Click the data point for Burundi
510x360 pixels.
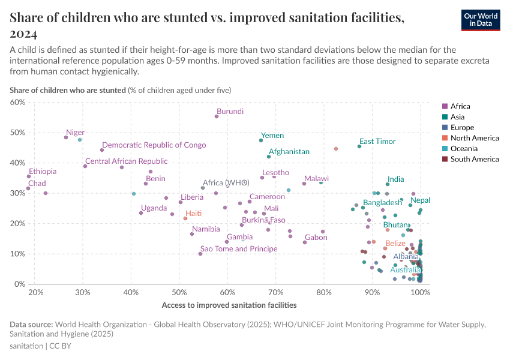point(217,116)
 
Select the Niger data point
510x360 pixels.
point(66,137)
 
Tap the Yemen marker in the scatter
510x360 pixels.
point(261,140)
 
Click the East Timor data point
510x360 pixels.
point(359,146)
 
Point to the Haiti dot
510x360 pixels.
point(185,218)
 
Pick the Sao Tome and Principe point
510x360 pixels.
point(200,254)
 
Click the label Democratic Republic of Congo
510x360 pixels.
point(154,145)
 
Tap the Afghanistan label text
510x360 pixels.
point(289,152)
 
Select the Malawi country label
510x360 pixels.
point(316,179)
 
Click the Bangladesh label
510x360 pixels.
point(383,203)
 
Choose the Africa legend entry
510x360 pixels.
point(461,106)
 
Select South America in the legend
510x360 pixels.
point(474,159)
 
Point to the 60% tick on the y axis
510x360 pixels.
point(17,102)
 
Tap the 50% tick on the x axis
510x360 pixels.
point(179,292)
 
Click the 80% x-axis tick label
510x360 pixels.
point(324,292)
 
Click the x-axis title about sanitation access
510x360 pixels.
point(229,305)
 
